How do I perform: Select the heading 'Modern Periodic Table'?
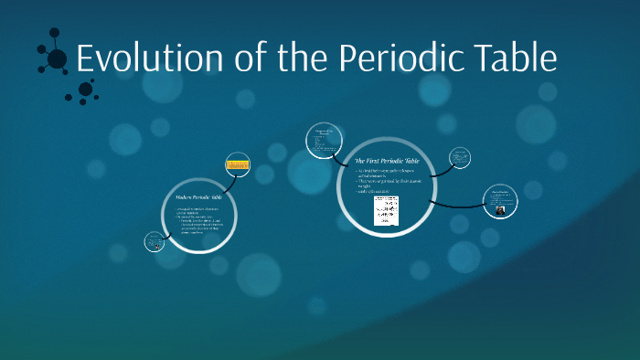(x=197, y=197)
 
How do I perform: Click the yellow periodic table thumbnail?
(x=238, y=165)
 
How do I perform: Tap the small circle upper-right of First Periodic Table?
(x=460, y=157)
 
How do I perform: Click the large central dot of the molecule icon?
(x=57, y=59)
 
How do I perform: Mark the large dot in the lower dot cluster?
(x=85, y=89)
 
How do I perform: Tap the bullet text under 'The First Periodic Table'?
(x=389, y=181)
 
